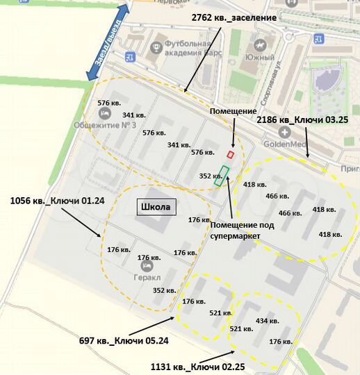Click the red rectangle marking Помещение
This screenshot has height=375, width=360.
coord(231,154)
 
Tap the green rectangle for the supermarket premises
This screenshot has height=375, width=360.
coord(222,176)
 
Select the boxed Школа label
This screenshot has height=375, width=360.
coord(155,207)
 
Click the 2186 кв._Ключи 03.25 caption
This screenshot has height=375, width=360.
coord(302,119)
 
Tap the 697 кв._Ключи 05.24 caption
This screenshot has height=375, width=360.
coord(124,340)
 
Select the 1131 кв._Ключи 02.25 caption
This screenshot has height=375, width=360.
coord(198,365)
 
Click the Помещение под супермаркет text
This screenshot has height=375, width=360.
coord(240,230)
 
